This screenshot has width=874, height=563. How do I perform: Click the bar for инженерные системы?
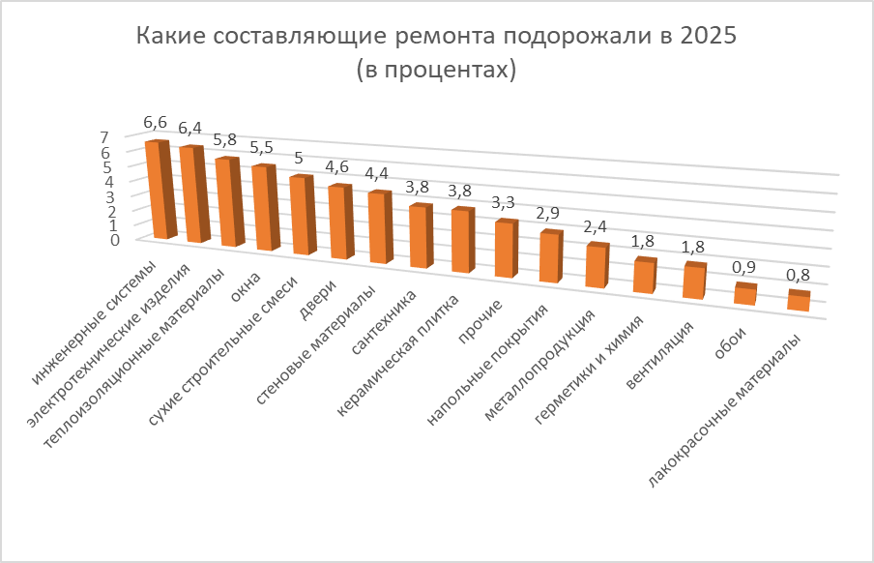coord(158,190)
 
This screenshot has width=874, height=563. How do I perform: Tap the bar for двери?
coord(337,222)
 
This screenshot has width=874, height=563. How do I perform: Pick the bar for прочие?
coord(504,250)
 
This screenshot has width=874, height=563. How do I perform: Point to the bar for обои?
coord(744,294)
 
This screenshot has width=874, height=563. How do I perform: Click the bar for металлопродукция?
coord(596,266)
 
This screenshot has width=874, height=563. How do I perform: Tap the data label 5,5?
coord(262,147)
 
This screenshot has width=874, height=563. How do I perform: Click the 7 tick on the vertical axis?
coord(131,137)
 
